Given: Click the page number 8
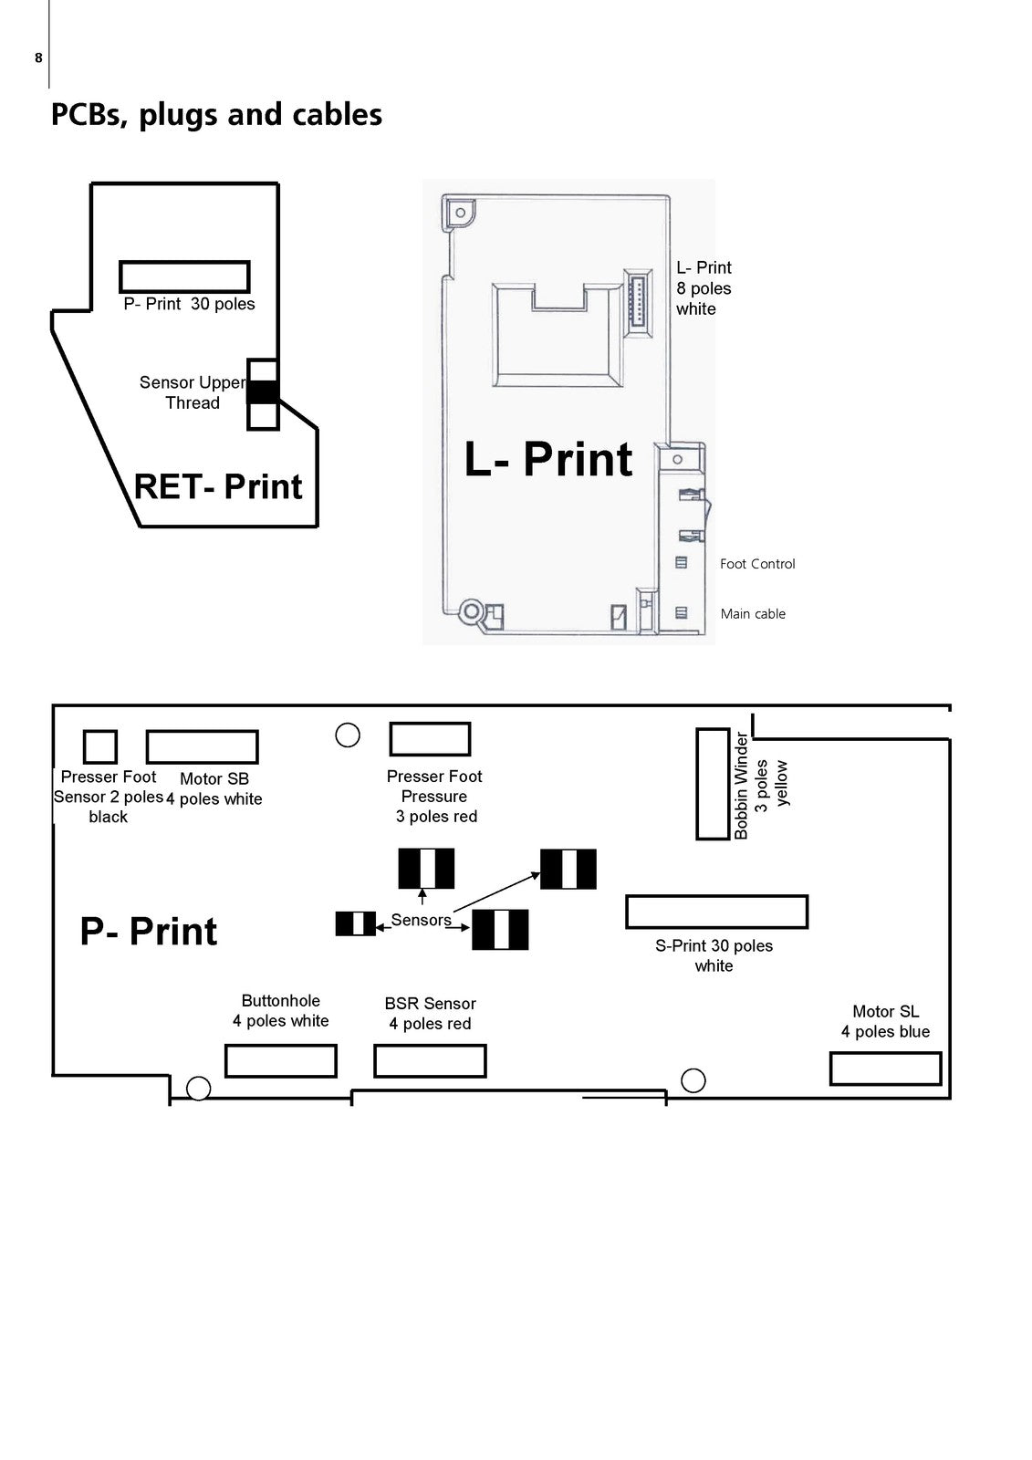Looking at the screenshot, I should pos(38,58).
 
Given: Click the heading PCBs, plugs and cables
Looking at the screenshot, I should pos(216,115).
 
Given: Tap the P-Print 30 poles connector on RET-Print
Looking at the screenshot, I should pos(184,276).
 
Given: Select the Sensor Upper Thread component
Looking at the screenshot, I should pos(263,393).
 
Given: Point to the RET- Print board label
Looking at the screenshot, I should pos(218,486).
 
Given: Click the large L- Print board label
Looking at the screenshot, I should pos(547,459).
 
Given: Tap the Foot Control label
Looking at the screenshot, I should pos(756,564).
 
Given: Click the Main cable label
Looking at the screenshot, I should pos(753,614).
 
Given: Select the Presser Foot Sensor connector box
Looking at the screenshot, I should pos(100,746).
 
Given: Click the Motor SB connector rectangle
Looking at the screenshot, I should pos(202,746).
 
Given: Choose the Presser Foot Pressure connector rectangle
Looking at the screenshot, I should pos(430,739).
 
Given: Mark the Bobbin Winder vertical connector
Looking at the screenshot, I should pos(713,783).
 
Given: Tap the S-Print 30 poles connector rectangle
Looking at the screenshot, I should pos(716,912).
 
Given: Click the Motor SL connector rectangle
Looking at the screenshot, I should pos(885,1069).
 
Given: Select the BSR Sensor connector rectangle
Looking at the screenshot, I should pos(430,1061).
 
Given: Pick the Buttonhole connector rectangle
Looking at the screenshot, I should pos(281,1061).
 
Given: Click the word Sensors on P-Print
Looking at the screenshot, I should pos(421,920).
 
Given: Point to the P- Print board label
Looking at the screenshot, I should pos(149,932).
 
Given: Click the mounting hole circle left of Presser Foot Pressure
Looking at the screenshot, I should pos(348,735).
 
